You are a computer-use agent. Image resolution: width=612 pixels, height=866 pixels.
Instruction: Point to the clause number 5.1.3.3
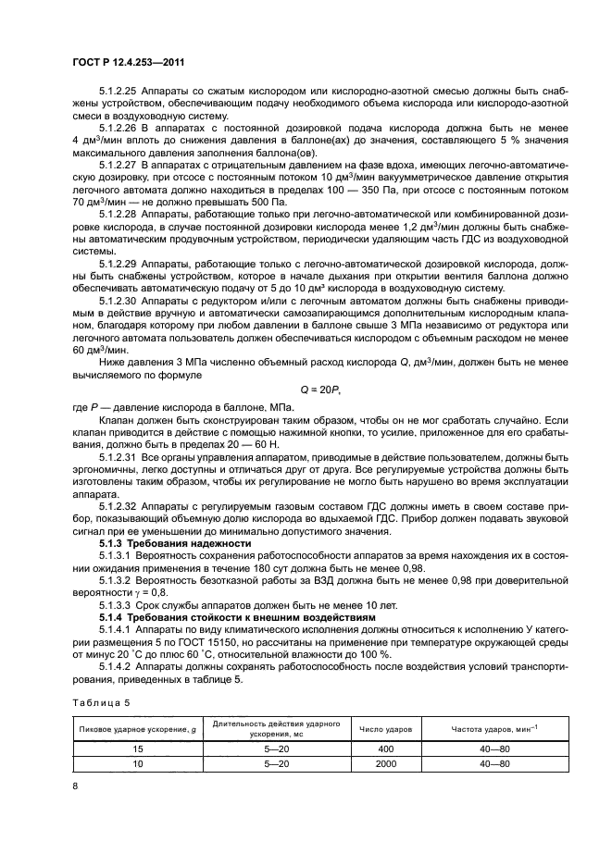(x=115, y=604)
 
